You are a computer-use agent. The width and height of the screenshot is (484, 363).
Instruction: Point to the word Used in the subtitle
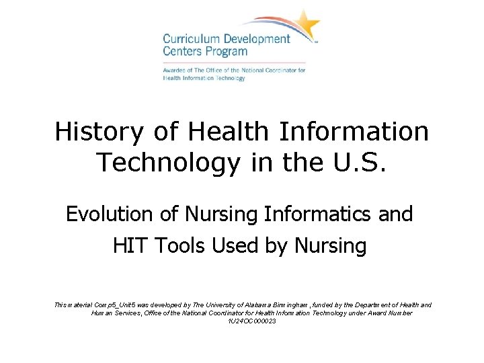pos(235,246)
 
